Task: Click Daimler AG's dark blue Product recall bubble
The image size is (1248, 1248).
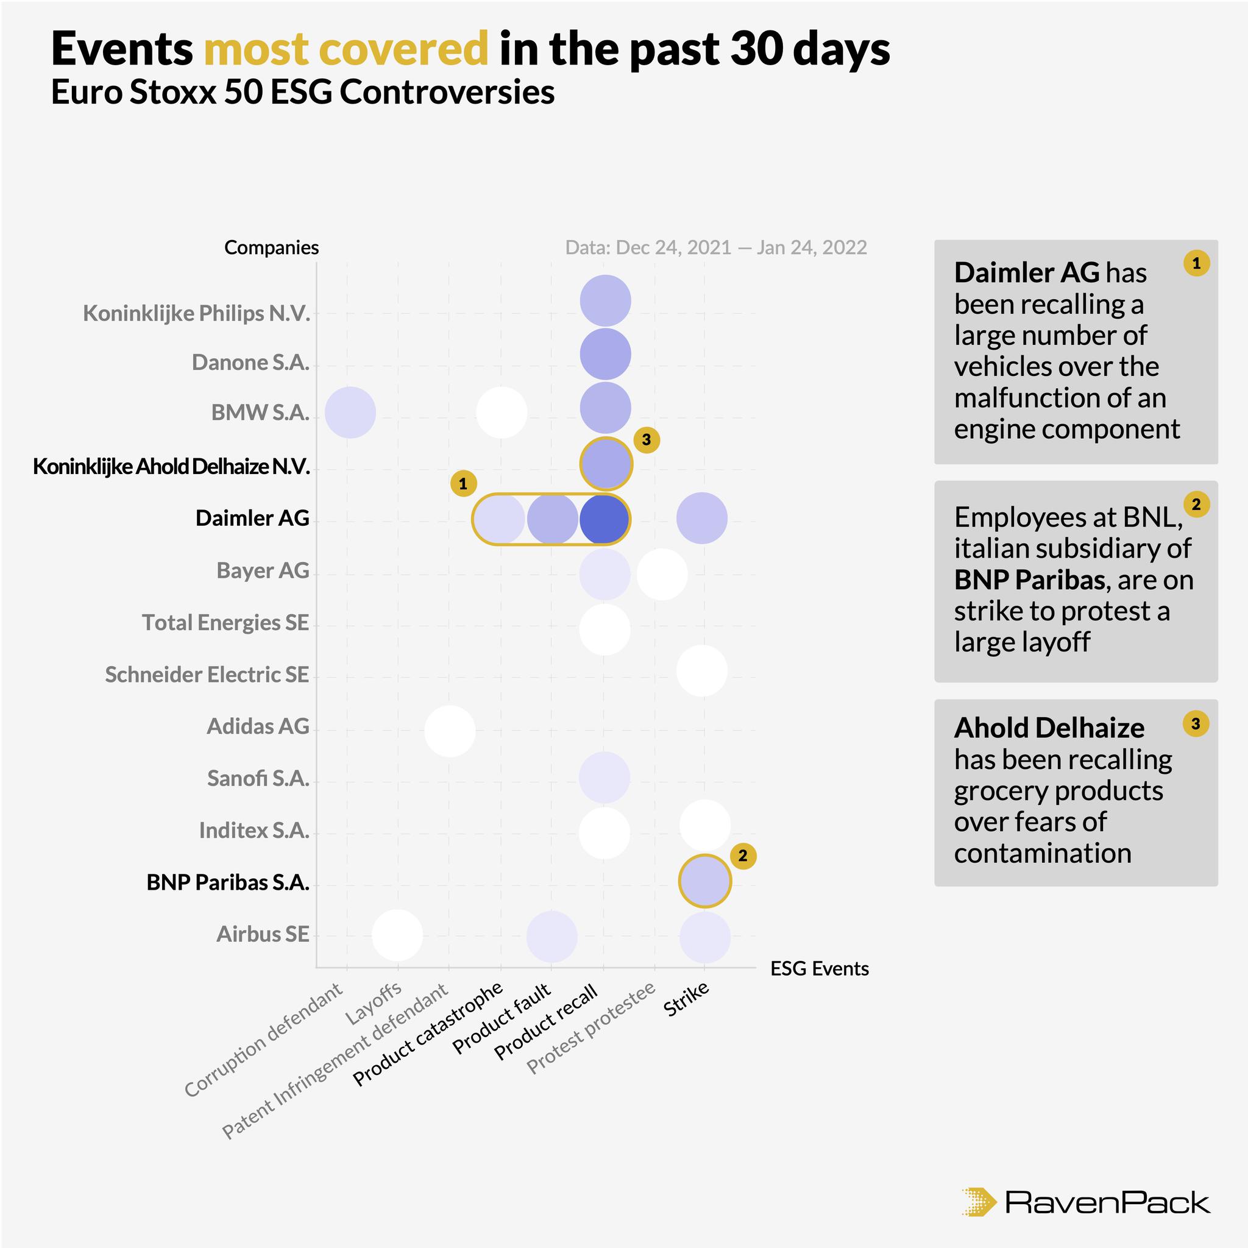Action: click(604, 519)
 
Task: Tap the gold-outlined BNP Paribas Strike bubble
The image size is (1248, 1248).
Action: click(705, 881)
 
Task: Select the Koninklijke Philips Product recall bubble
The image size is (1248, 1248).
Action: click(604, 300)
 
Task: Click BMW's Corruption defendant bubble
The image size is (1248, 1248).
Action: click(350, 412)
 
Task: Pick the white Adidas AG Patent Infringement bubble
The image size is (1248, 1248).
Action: click(450, 731)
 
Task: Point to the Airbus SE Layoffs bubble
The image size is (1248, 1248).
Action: click(397, 935)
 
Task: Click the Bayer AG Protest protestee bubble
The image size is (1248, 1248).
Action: click(661, 574)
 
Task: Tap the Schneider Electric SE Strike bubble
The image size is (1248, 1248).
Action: click(701, 670)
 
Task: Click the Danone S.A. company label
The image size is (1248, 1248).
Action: click(250, 363)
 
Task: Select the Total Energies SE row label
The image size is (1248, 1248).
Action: click(225, 623)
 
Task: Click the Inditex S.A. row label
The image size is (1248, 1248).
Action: click(254, 830)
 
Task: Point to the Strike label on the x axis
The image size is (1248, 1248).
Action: click(687, 999)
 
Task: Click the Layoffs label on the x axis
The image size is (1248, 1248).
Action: click(375, 1003)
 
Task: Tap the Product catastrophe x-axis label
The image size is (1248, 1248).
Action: click(428, 1033)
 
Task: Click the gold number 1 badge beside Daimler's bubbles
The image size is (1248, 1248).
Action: click(463, 483)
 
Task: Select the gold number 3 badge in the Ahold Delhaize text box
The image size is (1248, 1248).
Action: click(1196, 723)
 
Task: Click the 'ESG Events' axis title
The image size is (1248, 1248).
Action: click(819, 969)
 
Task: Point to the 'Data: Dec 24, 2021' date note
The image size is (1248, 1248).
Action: click(648, 247)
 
